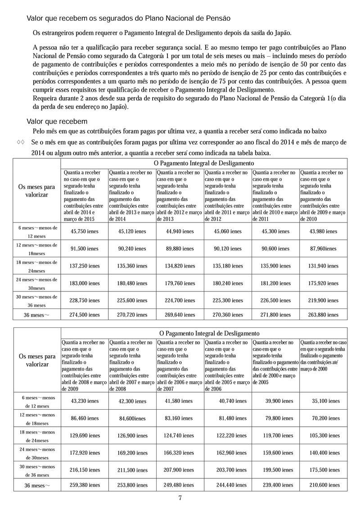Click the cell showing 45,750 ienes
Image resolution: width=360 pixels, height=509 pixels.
(x=85, y=232)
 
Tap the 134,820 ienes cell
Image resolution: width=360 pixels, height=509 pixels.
(x=180, y=266)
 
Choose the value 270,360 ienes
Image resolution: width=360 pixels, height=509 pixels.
(x=227, y=315)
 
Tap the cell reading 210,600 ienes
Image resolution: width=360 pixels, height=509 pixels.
(x=325, y=486)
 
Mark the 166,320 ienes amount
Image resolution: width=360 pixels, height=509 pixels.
(x=180, y=453)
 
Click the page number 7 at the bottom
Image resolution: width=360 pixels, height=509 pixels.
(x=180, y=497)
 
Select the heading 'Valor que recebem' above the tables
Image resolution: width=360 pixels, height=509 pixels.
(x=57, y=121)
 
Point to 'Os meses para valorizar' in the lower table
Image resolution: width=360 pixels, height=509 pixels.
(x=37, y=360)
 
